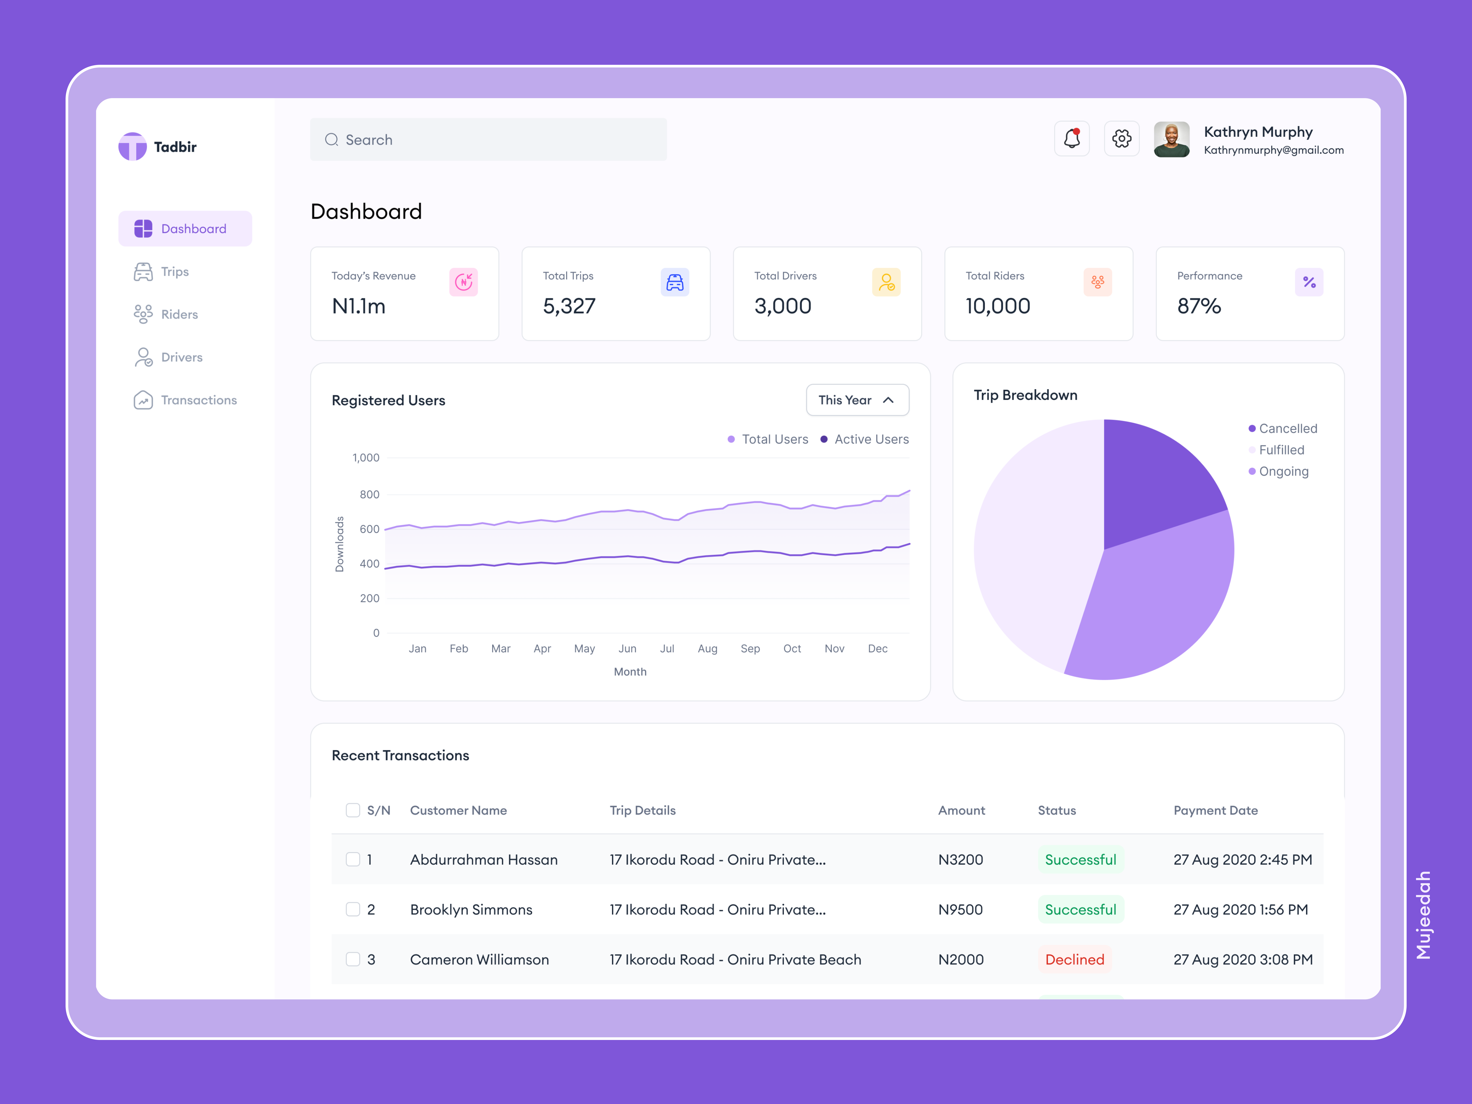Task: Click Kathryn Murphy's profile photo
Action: (1171, 139)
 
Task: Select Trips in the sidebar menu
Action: (174, 272)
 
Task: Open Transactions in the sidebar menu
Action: (198, 400)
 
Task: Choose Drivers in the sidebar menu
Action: (181, 357)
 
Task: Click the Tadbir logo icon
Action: (132, 146)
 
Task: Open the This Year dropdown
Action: (857, 400)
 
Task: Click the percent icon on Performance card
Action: (1309, 282)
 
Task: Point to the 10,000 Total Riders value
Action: (997, 306)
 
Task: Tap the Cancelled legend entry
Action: (1287, 429)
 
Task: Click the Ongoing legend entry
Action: (1283, 471)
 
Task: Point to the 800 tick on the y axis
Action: (369, 495)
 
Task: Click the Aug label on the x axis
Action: (707, 649)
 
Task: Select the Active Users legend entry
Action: (870, 439)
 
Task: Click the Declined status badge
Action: (1074, 960)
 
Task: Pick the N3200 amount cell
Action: (960, 860)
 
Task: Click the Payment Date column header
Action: (1215, 811)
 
